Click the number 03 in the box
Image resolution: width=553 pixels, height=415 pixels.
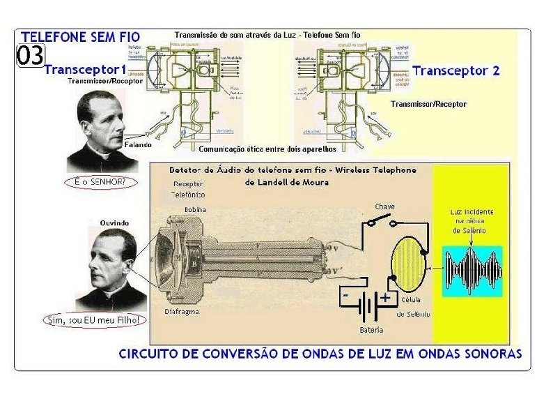[31, 56]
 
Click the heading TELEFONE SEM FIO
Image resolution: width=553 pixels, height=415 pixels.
[80, 36]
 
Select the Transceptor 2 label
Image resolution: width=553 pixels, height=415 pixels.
[455, 70]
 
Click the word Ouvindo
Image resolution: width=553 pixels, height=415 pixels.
[114, 222]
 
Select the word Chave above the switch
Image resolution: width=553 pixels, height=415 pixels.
[384, 206]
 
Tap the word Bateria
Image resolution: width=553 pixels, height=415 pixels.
[371, 329]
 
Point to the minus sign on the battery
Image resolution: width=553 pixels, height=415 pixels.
[345, 296]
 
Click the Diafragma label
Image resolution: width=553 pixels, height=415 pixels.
[182, 312]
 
